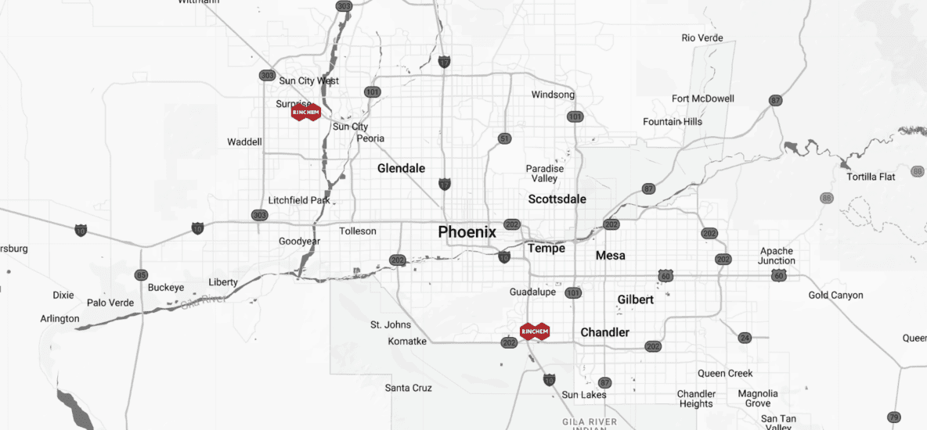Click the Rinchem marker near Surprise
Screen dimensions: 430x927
click(305, 113)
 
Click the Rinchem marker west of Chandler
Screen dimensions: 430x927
click(535, 331)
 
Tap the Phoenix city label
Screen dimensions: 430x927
click(467, 232)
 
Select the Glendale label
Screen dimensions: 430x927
click(401, 168)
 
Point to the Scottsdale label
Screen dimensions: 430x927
click(557, 199)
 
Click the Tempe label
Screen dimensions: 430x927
click(546, 248)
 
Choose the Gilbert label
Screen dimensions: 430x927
click(635, 299)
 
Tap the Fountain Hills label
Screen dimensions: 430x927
click(672, 122)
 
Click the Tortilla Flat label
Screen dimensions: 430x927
click(871, 177)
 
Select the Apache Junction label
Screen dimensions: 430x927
click(776, 256)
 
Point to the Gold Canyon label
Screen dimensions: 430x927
click(835, 295)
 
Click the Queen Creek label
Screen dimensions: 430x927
click(725, 374)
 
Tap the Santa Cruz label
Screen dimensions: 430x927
click(408, 388)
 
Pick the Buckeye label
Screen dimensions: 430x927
click(165, 288)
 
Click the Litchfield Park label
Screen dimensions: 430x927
click(299, 200)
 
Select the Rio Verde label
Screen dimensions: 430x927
click(702, 38)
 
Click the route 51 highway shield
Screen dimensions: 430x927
click(505, 138)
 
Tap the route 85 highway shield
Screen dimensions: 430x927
click(141, 274)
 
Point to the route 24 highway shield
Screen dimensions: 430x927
click(745, 338)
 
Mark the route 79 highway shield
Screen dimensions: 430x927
click(893, 417)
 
